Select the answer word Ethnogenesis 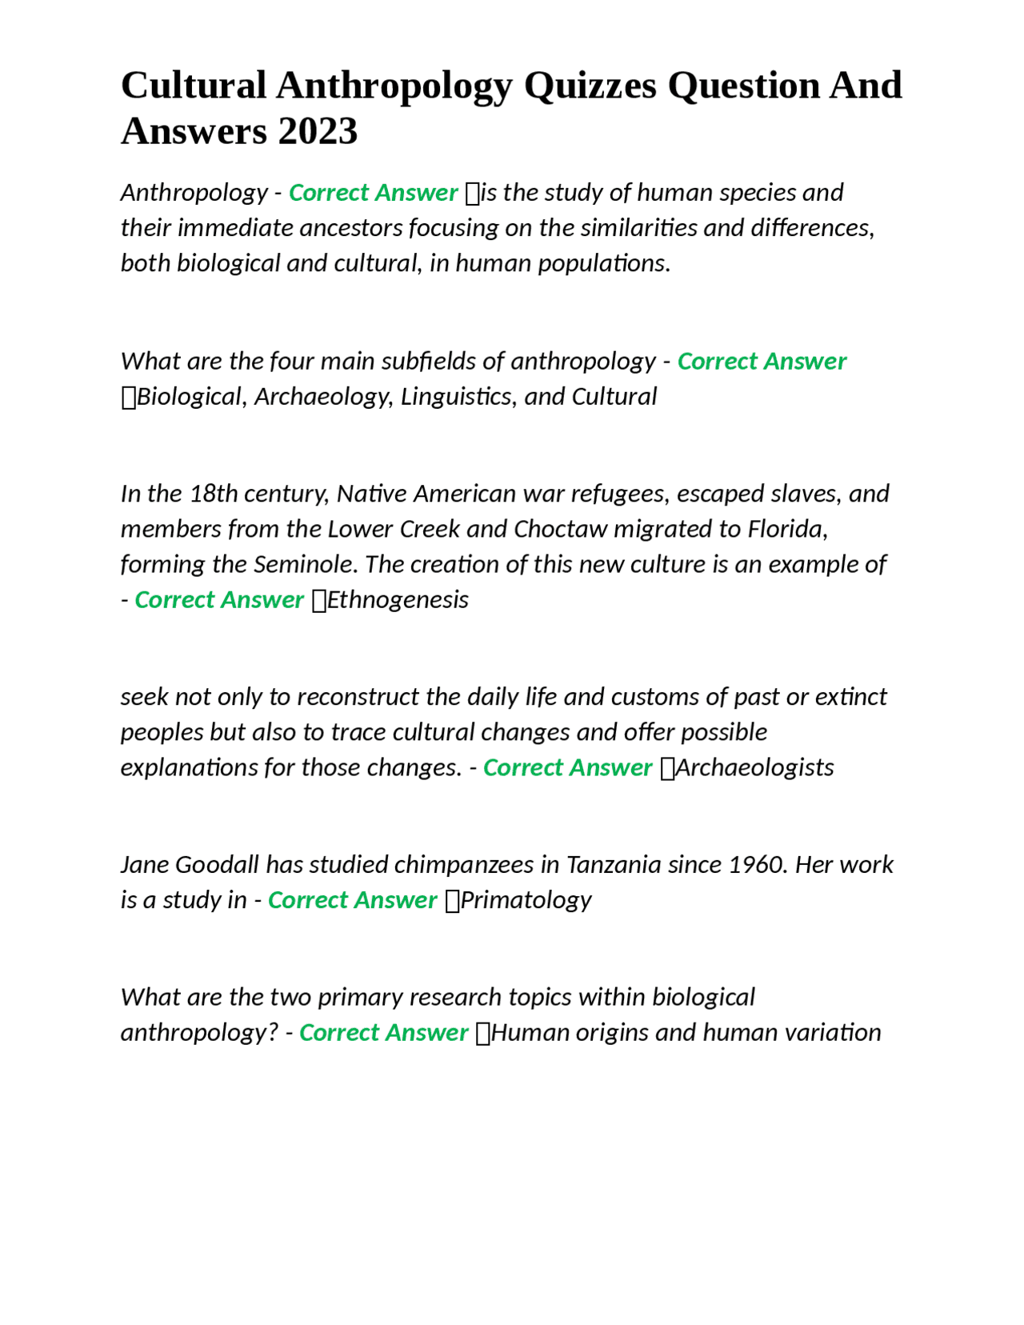tap(398, 600)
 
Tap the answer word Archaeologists tap(754, 768)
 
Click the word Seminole tap(305, 565)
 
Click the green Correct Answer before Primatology tap(352, 900)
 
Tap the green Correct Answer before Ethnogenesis tap(219, 600)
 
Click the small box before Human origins tap(482, 1034)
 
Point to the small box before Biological tap(128, 398)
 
